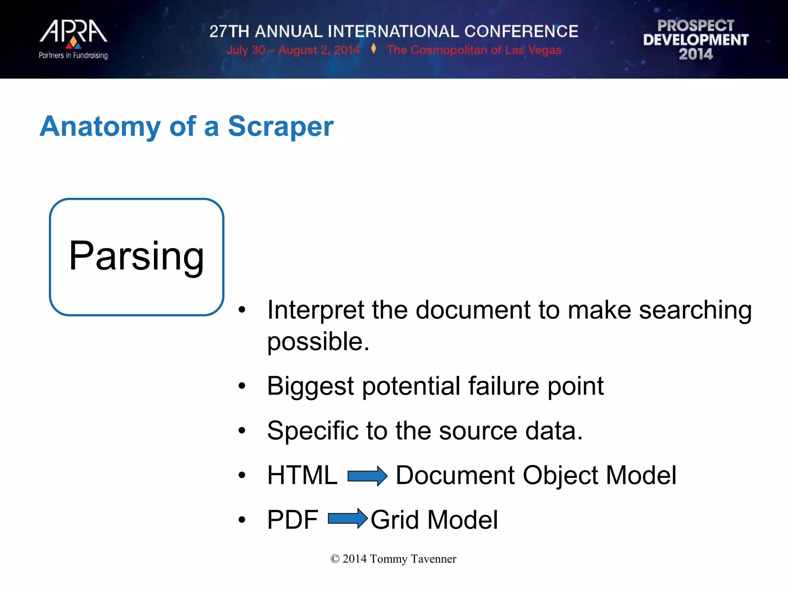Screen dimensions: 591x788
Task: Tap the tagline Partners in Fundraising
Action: (73, 55)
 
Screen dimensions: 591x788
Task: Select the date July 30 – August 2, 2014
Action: (292, 50)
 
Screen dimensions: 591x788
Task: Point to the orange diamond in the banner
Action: (373, 49)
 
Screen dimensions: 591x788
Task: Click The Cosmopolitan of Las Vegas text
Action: (474, 50)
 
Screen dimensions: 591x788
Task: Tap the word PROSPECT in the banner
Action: (696, 25)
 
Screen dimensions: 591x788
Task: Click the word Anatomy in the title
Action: (100, 127)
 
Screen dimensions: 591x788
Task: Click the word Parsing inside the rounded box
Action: (136, 256)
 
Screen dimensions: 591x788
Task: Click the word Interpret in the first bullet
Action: (316, 310)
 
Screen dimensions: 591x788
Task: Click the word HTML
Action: (302, 475)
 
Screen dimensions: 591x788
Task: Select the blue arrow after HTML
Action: (367, 476)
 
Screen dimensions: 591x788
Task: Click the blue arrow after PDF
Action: (348, 519)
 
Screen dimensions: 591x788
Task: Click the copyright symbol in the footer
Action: (335, 559)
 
